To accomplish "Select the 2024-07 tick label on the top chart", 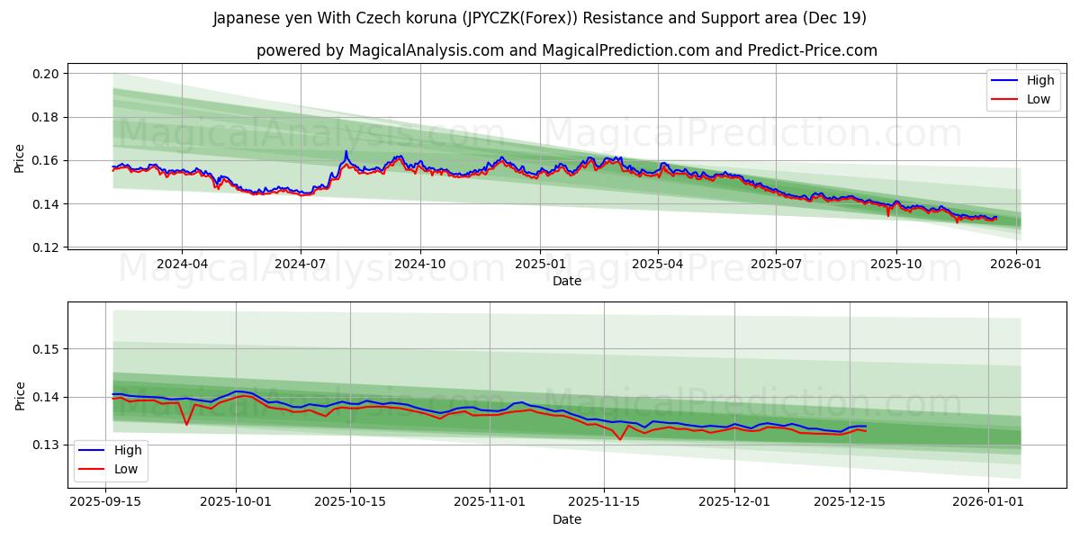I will [x=300, y=265].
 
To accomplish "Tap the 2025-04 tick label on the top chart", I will [x=658, y=265].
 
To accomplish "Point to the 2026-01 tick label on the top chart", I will [x=1016, y=265].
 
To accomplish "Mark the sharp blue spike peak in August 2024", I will [x=346, y=151].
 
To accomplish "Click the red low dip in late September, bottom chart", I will [x=186, y=425].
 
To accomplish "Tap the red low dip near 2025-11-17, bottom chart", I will [x=621, y=439].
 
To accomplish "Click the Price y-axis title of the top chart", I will [x=20, y=158].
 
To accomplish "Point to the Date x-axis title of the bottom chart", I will [x=567, y=519].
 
